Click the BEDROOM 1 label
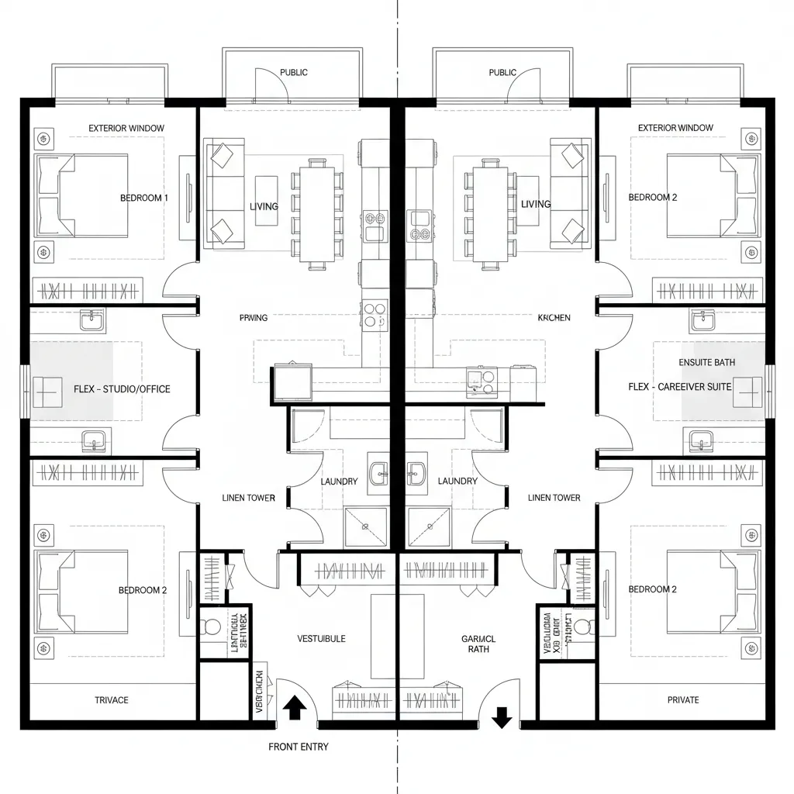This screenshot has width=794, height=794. pos(143,198)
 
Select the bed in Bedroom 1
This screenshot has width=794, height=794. pos(81,195)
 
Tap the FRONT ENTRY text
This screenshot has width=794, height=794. pos(298,747)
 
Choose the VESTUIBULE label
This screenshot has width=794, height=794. pos(321,639)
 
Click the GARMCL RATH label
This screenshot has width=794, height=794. pos(478,644)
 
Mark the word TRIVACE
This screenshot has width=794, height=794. pos(112,700)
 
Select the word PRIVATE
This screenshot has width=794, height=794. pos(682,700)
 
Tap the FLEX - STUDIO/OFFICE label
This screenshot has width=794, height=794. pos(122,388)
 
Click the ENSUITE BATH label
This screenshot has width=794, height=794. pos(706,362)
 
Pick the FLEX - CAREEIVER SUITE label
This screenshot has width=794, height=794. pos(679,386)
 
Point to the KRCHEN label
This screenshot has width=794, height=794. pos(554,318)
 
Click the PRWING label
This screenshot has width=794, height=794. pos(254,318)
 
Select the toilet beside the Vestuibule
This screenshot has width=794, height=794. pos(211,625)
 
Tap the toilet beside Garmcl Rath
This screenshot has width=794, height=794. pos(583,625)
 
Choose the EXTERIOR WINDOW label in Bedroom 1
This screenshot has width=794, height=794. pos(126,128)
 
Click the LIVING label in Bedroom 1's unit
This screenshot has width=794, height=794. pos(264,205)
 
